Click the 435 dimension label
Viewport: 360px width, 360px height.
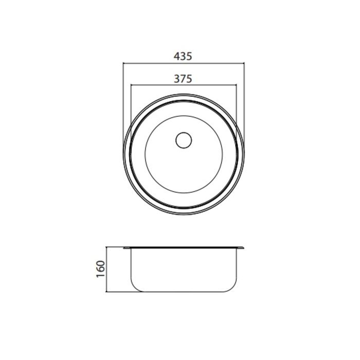click(183, 56)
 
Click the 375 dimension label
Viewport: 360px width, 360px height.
click(183, 79)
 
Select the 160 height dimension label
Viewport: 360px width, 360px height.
click(101, 269)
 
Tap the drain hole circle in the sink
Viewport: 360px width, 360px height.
click(184, 140)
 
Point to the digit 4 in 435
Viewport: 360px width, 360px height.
click(176, 56)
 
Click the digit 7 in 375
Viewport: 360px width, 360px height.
click(183, 79)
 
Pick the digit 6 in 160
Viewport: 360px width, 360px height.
click(101, 269)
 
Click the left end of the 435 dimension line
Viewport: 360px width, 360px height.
click(123, 63)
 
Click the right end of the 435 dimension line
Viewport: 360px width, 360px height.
click(244, 63)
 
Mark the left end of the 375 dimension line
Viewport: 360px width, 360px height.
click(131, 85)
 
